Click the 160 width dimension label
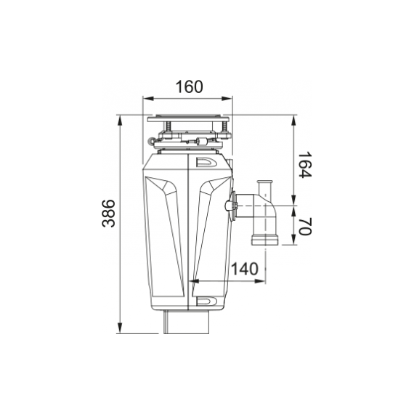point(190,86)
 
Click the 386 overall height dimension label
point(108,214)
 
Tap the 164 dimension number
point(305,165)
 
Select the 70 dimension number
point(305,227)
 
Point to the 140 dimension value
point(245,269)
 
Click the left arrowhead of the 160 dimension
point(148,99)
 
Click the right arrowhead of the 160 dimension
point(227,99)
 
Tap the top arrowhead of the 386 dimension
point(120,121)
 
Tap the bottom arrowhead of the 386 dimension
point(120,328)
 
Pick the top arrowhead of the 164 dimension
point(293,121)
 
